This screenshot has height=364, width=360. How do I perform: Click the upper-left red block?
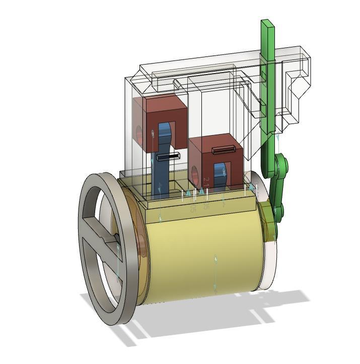point(166,108)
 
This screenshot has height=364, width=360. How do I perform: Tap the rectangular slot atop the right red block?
point(224,150)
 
